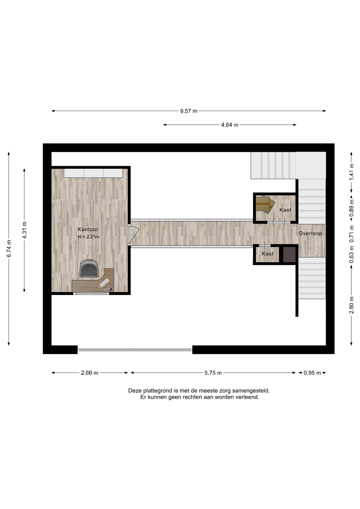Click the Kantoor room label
point(88,229)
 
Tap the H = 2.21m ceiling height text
point(89,237)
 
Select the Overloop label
point(310,233)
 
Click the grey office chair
point(89,268)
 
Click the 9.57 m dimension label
point(189,111)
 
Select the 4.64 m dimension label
point(230,125)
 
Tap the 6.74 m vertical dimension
point(9,248)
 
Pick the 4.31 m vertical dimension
point(24,230)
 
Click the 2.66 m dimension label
point(90,373)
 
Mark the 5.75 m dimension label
point(213,373)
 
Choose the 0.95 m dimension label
point(312,373)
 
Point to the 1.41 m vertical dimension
point(352,172)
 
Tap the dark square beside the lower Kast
point(289,254)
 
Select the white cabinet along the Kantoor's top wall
point(93,173)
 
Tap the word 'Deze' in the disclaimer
point(135,390)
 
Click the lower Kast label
point(267,254)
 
